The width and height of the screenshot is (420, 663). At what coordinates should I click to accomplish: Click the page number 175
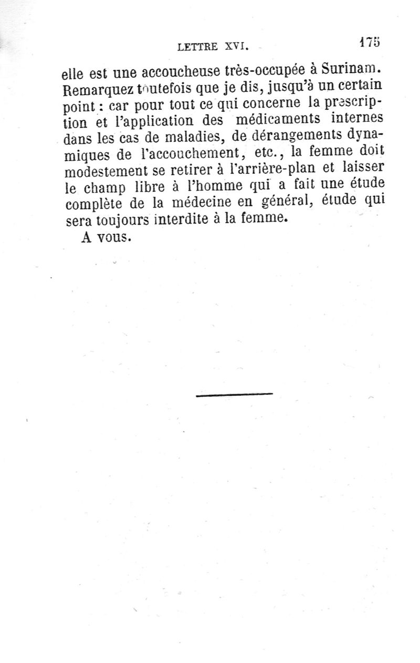coord(369,43)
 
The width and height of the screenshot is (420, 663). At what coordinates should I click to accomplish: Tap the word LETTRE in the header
coord(197,47)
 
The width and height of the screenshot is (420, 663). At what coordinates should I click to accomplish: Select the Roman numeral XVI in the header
coord(235,47)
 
